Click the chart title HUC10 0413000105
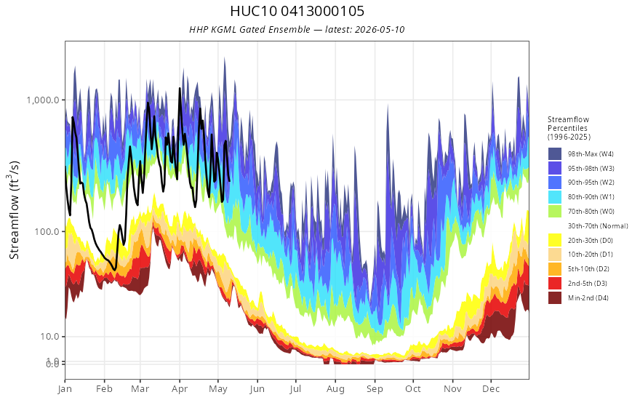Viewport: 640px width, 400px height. click(297, 11)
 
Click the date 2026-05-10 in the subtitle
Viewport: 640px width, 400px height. click(380, 29)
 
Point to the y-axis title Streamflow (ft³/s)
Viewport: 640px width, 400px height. click(15, 209)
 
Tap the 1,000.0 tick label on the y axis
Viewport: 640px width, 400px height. click(43, 100)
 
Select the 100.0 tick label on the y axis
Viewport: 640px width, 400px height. click(47, 231)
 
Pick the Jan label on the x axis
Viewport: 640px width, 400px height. click(65, 389)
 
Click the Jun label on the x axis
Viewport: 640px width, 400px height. click(257, 389)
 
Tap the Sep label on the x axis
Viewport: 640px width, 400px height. click(375, 389)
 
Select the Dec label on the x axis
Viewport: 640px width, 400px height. click(491, 389)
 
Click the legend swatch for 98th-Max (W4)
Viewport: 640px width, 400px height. click(555, 154)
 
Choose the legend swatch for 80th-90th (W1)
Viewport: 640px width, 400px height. click(555, 197)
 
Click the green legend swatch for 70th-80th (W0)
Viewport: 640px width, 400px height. click(555, 211)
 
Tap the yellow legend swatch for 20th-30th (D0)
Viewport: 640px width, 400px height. click(555, 240)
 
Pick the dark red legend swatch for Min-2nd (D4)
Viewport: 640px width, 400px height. click(555, 297)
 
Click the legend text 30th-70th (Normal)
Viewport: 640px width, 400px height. click(598, 225)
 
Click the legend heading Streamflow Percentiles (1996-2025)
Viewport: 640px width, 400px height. click(569, 128)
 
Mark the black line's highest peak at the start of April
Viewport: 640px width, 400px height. click(180, 88)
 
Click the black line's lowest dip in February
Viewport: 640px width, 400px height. click(115, 270)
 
